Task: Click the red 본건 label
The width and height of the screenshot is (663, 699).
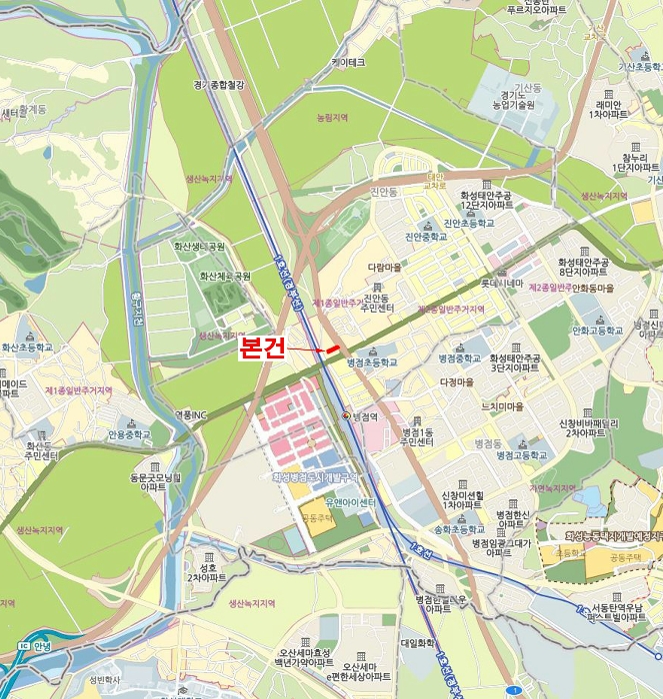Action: pyautogui.click(x=263, y=349)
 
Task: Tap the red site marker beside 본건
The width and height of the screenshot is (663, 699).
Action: pyautogui.click(x=333, y=348)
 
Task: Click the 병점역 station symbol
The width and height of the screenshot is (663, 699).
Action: pyautogui.click(x=346, y=415)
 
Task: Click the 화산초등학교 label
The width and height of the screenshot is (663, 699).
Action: pyautogui.click(x=26, y=349)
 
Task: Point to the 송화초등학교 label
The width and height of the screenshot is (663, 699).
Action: pyautogui.click(x=458, y=531)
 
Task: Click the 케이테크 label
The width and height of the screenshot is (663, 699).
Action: pyautogui.click(x=348, y=62)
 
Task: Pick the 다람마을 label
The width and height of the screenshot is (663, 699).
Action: pyautogui.click(x=384, y=268)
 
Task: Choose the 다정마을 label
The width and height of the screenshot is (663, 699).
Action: pyautogui.click(x=454, y=381)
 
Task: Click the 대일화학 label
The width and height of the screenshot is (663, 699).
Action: pyautogui.click(x=419, y=644)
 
